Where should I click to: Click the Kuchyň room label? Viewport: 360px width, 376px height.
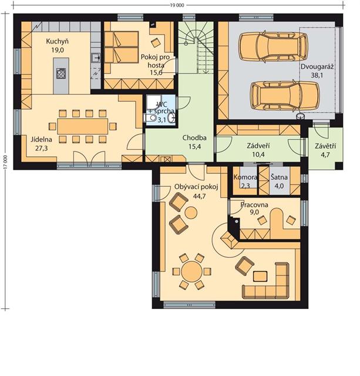58,41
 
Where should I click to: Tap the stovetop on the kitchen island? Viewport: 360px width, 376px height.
61,73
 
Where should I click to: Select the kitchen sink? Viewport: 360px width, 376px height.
96,58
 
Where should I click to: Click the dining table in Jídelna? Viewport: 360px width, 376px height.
82,126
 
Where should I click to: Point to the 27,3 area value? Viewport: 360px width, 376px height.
42,148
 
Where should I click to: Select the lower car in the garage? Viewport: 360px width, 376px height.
285,96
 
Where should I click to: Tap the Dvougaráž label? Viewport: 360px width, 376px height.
317,66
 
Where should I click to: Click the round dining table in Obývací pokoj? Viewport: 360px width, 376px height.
191,271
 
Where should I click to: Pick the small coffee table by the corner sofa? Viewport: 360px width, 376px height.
260,276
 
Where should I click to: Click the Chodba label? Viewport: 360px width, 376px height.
194,138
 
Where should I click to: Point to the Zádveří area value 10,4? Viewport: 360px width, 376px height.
258,154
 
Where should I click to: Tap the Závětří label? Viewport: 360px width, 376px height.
325,146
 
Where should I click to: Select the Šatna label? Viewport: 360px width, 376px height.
279,177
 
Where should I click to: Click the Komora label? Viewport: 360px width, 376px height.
245,177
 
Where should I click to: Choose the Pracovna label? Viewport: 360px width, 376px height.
254,205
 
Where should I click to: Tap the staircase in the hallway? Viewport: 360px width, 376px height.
196,48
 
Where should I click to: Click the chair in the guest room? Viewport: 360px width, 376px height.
156,43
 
